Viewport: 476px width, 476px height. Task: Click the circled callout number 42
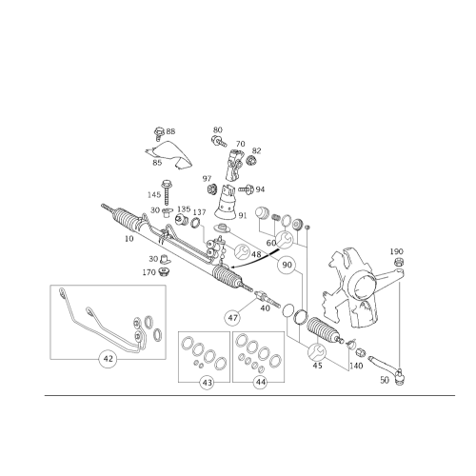[109, 359]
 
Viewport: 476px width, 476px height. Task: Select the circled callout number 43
[207, 383]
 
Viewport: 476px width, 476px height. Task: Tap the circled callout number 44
[261, 383]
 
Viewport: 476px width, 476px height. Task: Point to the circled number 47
[232, 318]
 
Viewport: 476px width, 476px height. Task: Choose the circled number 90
[287, 265]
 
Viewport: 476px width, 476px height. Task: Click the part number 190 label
[396, 251]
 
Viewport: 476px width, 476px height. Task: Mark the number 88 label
[170, 131]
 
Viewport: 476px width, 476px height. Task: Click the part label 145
[154, 194]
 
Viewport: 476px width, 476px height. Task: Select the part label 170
[149, 272]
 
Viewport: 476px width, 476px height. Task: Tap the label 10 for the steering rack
[129, 239]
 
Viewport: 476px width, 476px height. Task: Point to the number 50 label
[385, 380]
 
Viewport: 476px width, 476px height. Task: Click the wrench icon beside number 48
[242, 251]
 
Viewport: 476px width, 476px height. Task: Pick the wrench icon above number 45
[317, 351]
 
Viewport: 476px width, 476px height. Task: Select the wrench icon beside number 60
[285, 240]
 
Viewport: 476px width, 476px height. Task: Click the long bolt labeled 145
[167, 192]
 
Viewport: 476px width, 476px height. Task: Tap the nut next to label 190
[396, 262]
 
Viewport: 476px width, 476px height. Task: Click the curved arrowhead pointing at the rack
[230, 268]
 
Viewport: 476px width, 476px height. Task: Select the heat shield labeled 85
[169, 154]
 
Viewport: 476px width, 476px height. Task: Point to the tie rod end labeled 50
[387, 370]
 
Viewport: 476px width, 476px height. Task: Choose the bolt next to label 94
[246, 189]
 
